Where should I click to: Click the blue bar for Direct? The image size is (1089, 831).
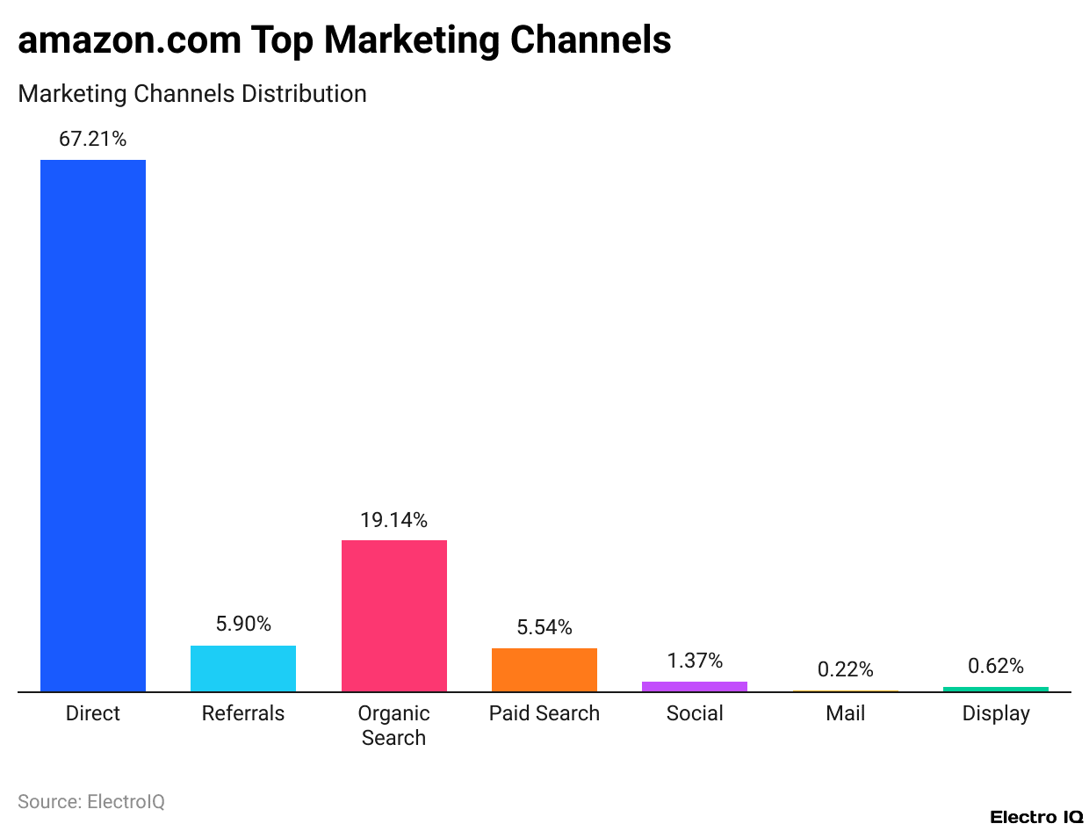pos(93,426)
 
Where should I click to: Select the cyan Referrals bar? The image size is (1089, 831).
pos(243,668)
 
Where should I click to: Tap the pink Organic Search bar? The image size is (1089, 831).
pos(393,616)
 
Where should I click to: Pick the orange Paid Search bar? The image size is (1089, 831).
pos(544,669)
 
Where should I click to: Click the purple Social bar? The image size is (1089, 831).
pos(695,687)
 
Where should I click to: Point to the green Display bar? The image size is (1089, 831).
pos(995,690)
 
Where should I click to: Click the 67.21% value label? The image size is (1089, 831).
pos(93,139)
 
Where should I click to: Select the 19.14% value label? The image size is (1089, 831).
pos(393,520)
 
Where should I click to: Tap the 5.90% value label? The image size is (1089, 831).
pos(243,625)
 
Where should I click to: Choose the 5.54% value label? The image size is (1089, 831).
pos(544,627)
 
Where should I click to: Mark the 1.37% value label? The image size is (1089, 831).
pos(695,661)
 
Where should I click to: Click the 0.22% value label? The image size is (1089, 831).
pos(845,669)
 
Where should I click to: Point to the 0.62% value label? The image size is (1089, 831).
pos(995,666)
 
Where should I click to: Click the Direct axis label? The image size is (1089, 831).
pos(93,713)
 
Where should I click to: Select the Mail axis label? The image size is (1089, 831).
pos(845,713)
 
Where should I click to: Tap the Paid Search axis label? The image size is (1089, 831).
pos(544,713)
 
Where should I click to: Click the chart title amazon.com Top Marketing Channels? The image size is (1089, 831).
pos(344,40)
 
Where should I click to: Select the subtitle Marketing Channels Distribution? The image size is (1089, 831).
pos(191,94)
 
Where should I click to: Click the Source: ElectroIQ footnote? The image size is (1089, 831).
pos(91,801)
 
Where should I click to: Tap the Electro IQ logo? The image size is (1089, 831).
pos(1036,817)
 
